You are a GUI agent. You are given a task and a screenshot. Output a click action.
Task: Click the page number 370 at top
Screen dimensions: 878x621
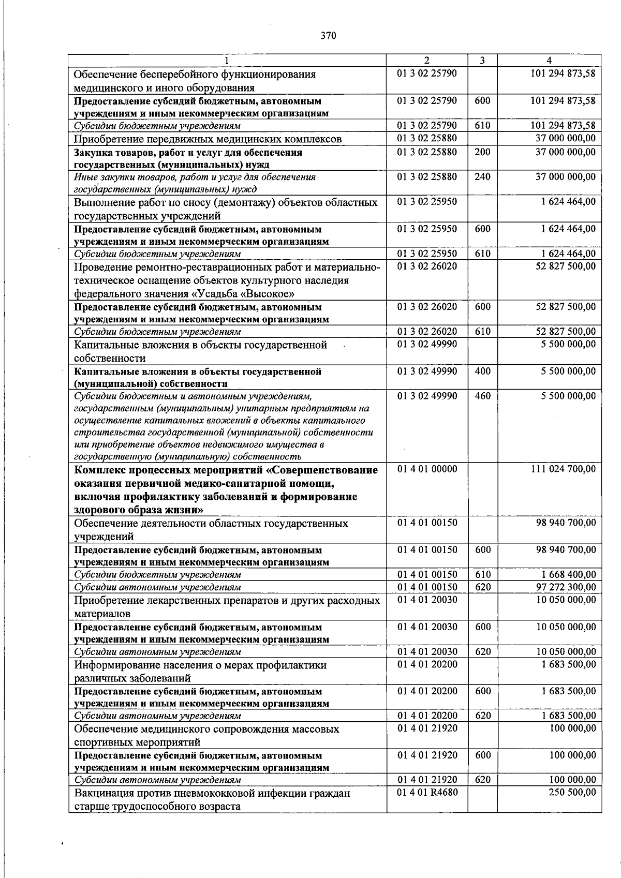pyautogui.click(x=328, y=36)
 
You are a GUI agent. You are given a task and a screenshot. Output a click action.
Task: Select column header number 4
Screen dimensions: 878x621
pyautogui.click(x=549, y=60)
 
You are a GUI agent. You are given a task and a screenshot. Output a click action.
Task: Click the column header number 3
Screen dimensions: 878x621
pyautogui.click(x=482, y=60)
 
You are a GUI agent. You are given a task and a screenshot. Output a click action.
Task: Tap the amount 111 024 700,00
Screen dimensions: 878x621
pyautogui.click(x=563, y=469)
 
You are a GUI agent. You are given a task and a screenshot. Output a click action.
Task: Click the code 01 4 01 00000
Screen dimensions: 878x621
pyautogui.click(x=427, y=469)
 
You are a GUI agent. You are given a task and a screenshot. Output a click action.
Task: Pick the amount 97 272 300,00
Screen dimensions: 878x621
pyautogui.click(x=566, y=587)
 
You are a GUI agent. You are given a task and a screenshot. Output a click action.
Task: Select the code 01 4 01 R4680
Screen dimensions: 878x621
pyautogui.click(x=427, y=793)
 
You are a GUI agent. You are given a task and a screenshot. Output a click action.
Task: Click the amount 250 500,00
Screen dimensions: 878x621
pyautogui.click(x=572, y=793)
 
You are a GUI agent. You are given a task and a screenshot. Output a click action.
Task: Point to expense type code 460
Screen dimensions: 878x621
pyautogui.click(x=482, y=396)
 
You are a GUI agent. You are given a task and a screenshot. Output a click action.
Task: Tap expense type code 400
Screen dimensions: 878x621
pyautogui.click(x=482, y=371)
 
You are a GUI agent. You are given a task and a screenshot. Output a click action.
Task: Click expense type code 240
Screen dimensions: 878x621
pyautogui.click(x=482, y=176)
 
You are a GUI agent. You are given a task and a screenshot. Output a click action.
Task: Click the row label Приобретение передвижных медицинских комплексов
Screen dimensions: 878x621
pyautogui.click(x=208, y=139)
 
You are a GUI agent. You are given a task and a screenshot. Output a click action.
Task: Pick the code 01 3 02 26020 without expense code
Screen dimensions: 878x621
pyautogui.click(x=427, y=266)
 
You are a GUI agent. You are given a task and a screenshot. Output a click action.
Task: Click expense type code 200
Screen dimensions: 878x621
pyautogui.click(x=482, y=152)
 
